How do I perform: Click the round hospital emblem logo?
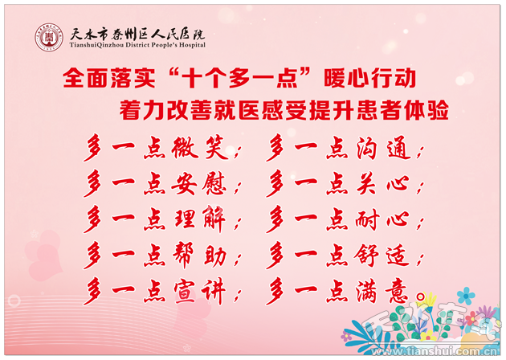(49, 38)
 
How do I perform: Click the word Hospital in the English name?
(192, 45)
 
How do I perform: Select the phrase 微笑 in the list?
(200, 148)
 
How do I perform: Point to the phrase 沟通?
(384, 148)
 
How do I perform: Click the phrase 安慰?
(199, 183)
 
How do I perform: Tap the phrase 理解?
(199, 219)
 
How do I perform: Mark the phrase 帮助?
(199, 255)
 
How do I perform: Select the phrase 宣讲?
(199, 291)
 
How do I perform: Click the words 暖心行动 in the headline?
(369, 78)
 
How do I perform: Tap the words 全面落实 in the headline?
(109, 78)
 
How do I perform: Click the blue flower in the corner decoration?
(466, 296)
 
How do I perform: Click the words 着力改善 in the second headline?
(166, 110)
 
